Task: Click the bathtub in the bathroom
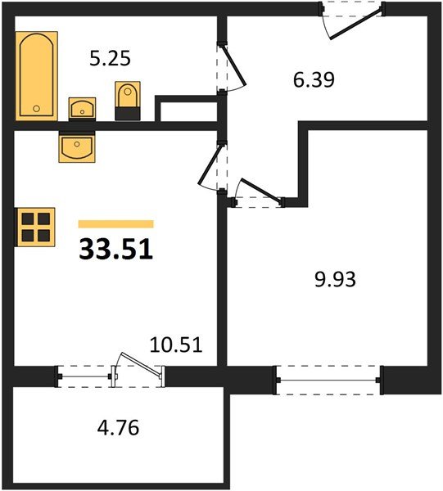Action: coord(37,76)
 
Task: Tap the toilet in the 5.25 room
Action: coord(128,101)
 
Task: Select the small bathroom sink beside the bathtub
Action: coord(82,109)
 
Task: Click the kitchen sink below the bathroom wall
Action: coord(77,146)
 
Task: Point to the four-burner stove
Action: coord(35,227)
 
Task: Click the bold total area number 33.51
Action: coord(116,250)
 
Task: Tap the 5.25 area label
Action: coord(110,59)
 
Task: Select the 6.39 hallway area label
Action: coord(314,79)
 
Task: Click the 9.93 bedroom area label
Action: coord(335,279)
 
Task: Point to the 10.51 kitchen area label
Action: coord(176,345)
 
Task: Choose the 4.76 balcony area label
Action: coord(118,428)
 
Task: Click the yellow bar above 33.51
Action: coord(116,224)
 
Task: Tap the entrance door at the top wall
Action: coord(356,24)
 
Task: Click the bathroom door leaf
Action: coord(233,65)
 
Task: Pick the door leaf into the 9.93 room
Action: coord(260,190)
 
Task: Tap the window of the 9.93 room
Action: coord(328,381)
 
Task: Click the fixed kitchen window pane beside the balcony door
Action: coord(84,376)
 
